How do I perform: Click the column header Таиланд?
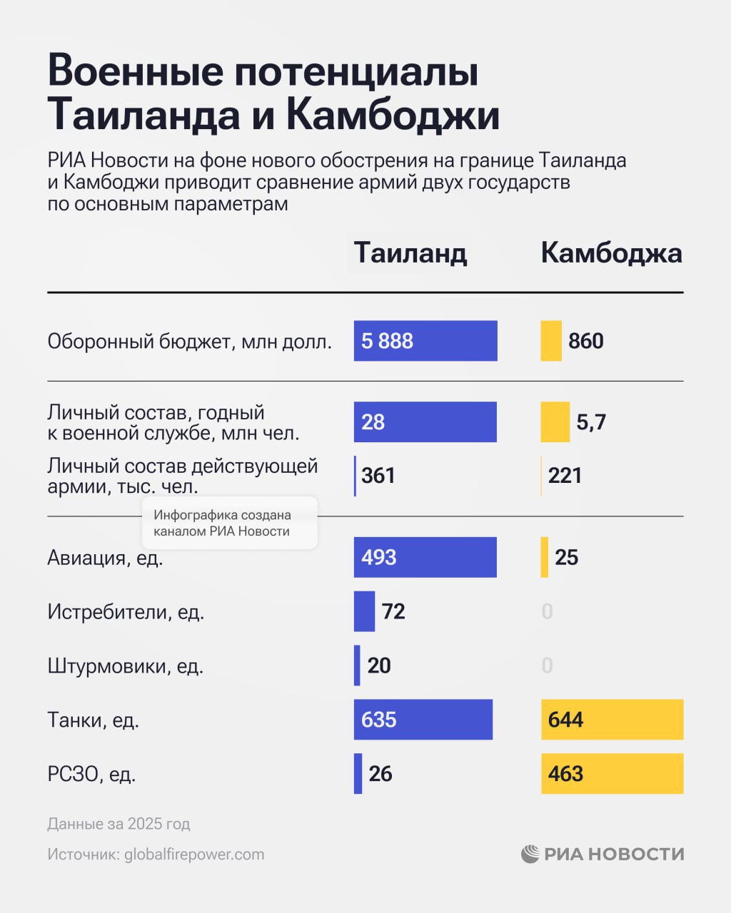410,253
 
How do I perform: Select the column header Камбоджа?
611,253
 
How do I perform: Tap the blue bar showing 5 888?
425,341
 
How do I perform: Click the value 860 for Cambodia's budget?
586,341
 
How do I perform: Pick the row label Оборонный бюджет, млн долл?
189,342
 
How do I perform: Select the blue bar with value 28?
425,422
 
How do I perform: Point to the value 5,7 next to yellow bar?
591,422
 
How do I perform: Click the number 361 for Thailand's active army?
378,476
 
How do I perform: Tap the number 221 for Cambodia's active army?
565,476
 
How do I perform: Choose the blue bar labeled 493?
425,557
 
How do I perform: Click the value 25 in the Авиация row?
566,557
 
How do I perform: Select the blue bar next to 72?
364,611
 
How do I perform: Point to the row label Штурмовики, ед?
126,666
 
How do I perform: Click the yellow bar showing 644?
612,720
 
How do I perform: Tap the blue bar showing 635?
423,720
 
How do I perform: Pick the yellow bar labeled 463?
612,774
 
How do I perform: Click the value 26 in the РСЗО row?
380,774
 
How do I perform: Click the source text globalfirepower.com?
194,855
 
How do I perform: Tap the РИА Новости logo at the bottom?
603,854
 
